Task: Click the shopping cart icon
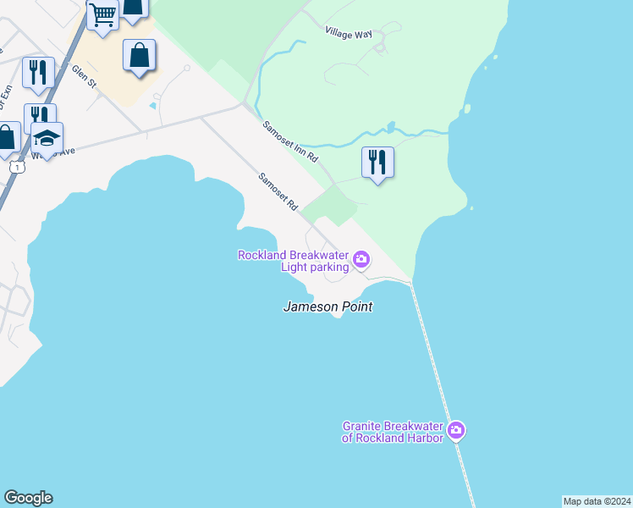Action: tap(102, 15)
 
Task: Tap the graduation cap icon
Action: tap(47, 138)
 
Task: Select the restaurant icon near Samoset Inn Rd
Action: tap(377, 161)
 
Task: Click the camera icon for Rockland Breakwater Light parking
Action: tap(361, 259)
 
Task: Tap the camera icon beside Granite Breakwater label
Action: tap(456, 431)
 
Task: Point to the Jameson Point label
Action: tap(328, 306)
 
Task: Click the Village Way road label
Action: tap(349, 31)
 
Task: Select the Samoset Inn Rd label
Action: tap(289, 141)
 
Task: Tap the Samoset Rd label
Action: tap(278, 193)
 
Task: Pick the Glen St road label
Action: tap(86, 76)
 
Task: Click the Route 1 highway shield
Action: tap(16, 167)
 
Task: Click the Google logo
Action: tap(28, 498)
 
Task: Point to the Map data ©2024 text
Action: tap(597, 501)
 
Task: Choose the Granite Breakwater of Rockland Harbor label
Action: tap(393, 432)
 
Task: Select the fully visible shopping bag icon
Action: tap(139, 56)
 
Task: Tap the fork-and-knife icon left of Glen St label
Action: tap(38, 72)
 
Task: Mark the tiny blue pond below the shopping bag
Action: tap(152, 105)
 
